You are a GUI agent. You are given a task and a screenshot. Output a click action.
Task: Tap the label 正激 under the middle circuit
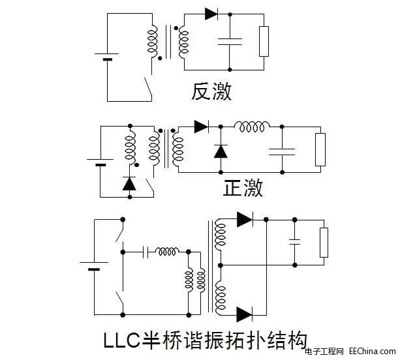click(243, 188)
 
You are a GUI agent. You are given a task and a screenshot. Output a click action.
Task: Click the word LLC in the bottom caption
click(125, 340)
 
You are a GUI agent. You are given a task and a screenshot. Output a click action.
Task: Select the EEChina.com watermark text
click(373, 352)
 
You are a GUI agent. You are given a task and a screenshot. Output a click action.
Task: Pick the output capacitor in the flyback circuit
click(230, 41)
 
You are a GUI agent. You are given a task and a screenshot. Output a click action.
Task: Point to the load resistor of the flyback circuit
click(264, 41)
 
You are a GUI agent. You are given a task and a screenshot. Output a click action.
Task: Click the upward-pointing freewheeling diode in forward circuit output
click(220, 151)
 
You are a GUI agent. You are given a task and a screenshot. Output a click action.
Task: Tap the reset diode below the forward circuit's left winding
click(129, 184)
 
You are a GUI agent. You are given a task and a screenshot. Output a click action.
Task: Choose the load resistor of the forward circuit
click(320, 149)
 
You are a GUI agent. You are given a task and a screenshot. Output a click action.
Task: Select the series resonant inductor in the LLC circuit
click(168, 251)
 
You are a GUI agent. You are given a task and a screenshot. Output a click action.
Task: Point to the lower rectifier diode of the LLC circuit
click(245, 314)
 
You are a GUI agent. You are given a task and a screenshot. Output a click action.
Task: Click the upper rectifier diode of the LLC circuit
click(245, 219)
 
